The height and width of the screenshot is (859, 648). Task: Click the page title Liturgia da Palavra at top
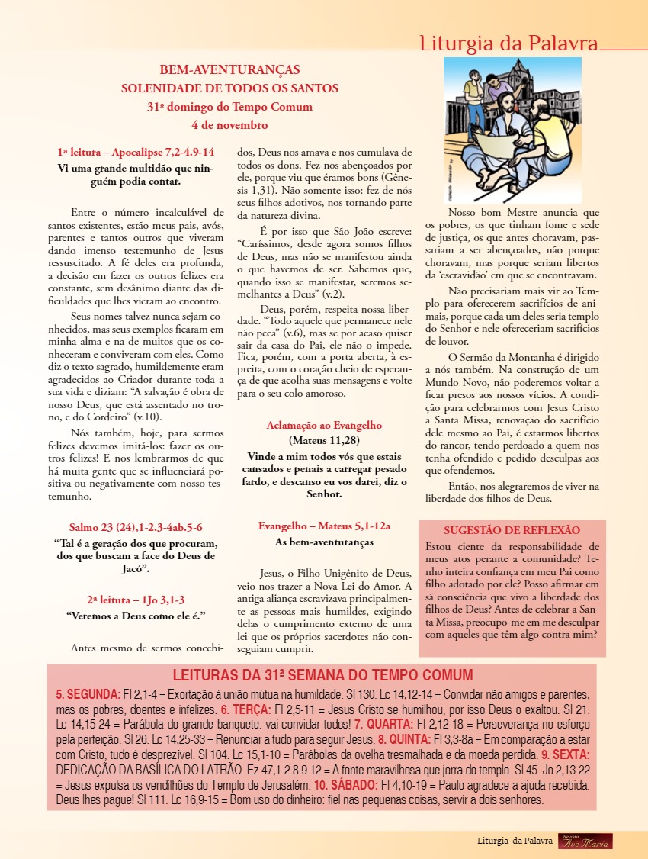coord(508,43)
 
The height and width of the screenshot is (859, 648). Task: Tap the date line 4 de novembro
coord(229,124)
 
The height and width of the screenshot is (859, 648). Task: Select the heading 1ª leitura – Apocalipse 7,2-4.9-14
coord(136,152)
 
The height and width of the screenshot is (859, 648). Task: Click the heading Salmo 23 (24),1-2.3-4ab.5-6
coord(136,527)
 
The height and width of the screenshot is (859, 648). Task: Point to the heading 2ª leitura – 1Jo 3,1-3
coord(136,600)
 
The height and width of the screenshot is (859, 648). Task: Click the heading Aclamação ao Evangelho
coord(324,426)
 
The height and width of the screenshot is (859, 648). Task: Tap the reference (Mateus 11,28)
coord(324,440)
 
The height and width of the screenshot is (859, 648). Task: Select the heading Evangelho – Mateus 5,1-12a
coord(324,526)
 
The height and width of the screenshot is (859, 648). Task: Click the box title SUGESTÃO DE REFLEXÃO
coord(512,530)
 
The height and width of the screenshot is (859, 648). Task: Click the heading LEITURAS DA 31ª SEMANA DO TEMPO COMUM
coord(322,675)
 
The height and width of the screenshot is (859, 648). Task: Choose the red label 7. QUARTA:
coord(384,724)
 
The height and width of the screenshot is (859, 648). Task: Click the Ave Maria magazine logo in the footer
coord(585,841)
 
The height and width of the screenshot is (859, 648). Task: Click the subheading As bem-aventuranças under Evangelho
coord(324,542)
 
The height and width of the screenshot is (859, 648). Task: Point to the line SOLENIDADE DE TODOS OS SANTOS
coord(229,88)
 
